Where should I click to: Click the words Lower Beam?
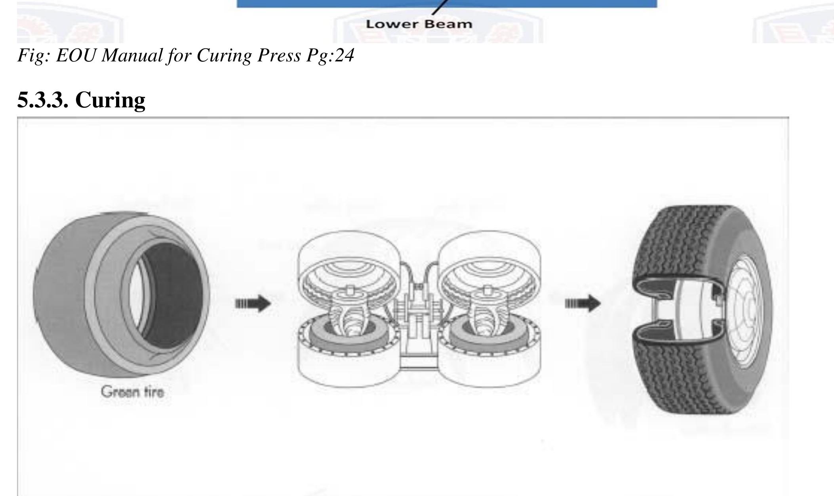click(419, 24)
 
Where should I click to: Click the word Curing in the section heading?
click(110, 100)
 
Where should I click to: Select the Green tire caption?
click(132, 392)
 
